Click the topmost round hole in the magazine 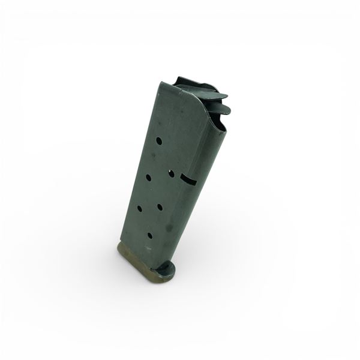pyautogui.click(x=159, y=141)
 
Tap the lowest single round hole pyautogui.click(x=150, y=235)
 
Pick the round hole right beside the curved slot pyautogui.click(x=171, y=173)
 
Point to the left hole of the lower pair pyautogui.click(x=139, y=209)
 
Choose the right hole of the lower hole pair pyautogui.click(x=160, y=207)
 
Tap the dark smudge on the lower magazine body pyautogui.click(x=169, y=228)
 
